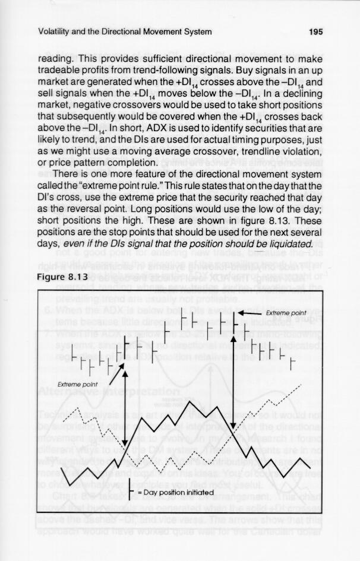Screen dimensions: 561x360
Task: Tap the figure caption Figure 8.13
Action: [62, 277]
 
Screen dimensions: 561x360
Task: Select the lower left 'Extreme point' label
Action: [74, 384]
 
